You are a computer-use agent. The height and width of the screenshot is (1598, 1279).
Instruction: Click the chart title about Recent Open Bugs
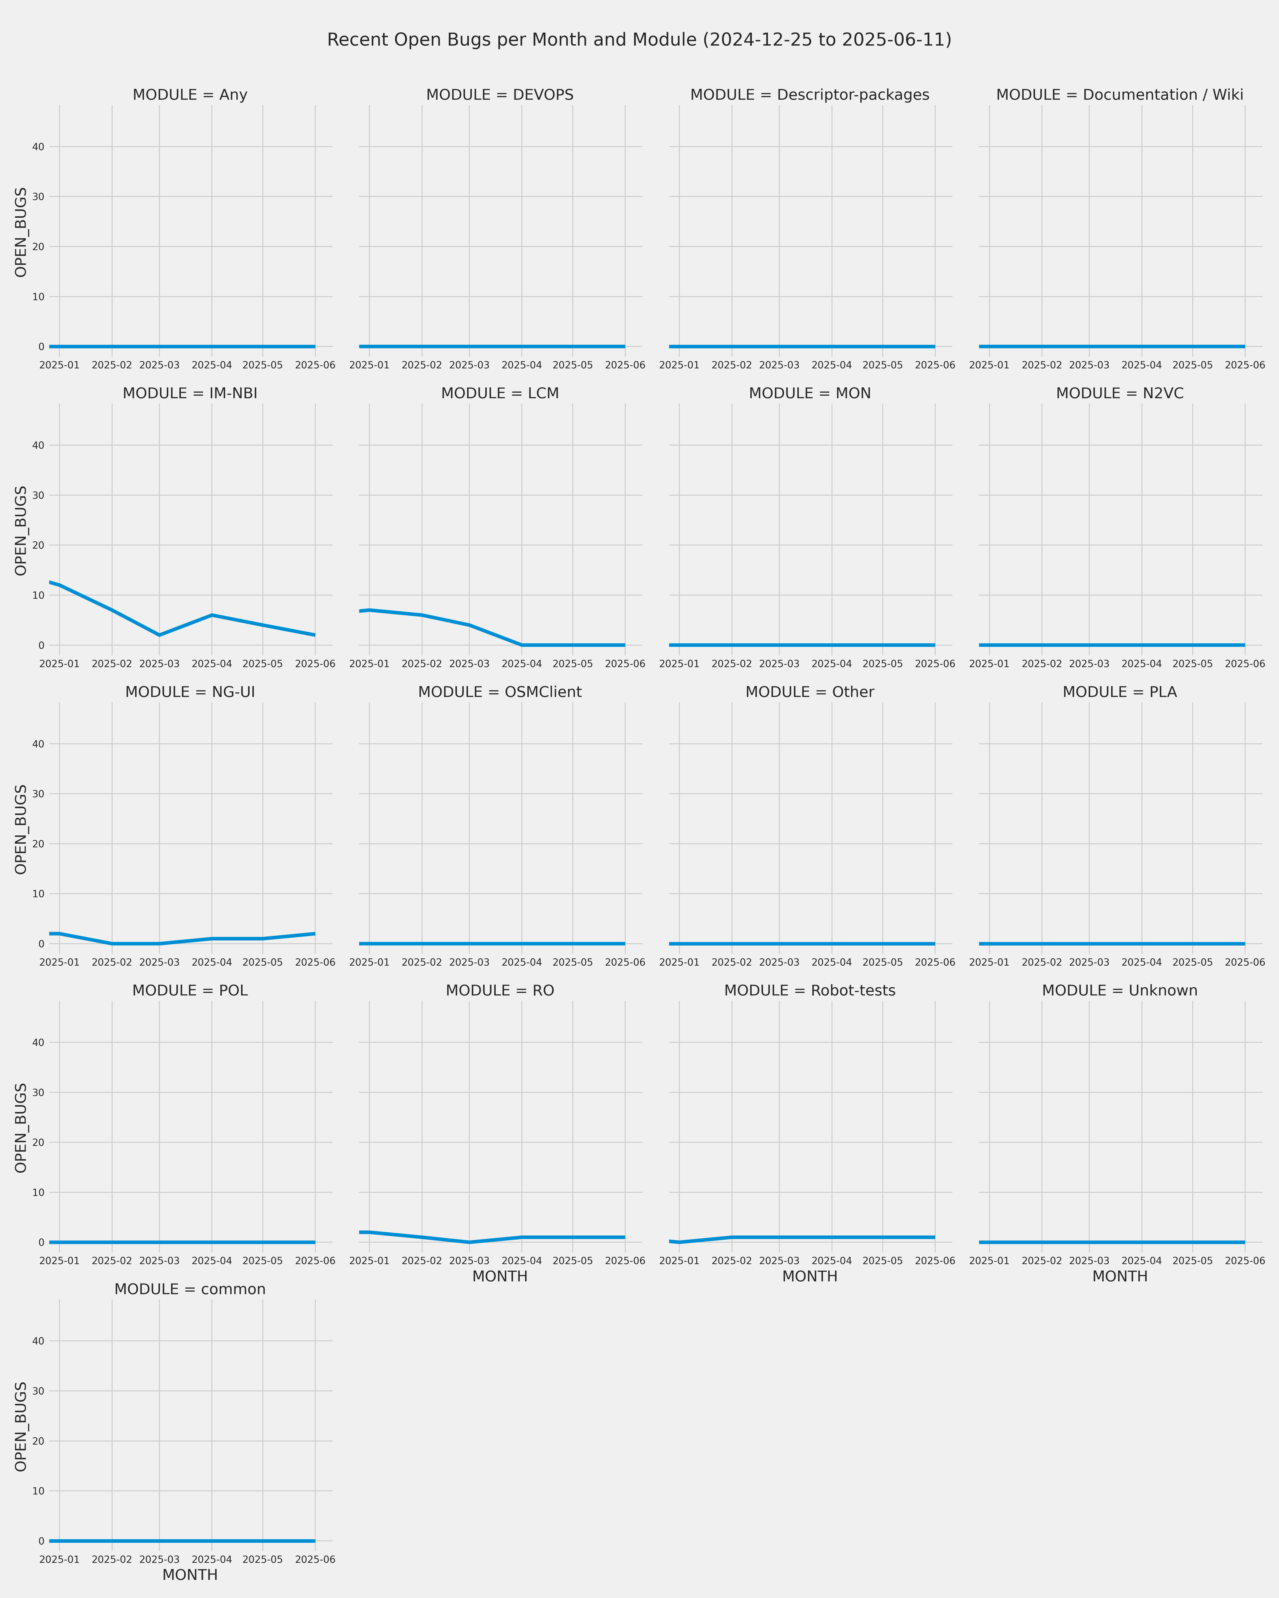click(639, 40)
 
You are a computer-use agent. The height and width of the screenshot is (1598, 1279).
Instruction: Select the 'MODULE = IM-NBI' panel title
click(190, 394)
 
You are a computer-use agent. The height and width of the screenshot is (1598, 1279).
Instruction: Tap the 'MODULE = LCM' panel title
click(500, 394)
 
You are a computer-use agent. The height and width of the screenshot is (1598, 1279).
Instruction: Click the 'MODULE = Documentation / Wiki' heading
click(1120, 95)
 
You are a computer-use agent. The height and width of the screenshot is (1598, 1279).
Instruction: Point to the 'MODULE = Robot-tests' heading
click(810, 991)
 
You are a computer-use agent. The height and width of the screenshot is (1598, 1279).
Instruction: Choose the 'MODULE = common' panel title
click(190, 1290)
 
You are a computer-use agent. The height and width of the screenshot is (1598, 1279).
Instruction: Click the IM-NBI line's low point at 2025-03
click(159, 635)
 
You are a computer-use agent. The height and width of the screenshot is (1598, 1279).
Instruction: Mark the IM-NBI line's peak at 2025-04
click(212, 615)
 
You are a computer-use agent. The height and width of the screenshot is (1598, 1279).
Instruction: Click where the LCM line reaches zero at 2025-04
click(522, 645)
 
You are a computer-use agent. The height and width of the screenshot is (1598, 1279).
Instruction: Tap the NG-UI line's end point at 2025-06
click(315, 934)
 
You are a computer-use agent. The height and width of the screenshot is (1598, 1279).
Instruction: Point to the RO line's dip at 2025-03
click(469, 1242)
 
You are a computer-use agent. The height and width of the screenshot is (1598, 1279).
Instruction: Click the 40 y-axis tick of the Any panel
click(38, 147)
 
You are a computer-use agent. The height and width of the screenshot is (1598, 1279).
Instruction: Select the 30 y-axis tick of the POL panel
click(38, 1093)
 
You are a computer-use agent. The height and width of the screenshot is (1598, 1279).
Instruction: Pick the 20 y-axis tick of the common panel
click(38, 1441)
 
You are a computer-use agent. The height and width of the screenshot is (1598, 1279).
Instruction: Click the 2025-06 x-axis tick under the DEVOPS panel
click(625, 365)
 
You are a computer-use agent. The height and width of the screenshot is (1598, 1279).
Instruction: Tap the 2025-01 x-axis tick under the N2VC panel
click(989, 664)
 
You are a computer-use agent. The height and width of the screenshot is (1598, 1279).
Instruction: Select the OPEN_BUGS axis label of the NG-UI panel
click(21, 829)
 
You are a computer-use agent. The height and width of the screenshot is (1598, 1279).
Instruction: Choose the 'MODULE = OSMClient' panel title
click(500, 692)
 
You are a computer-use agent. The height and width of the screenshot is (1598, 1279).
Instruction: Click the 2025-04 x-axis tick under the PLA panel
click(1142, 963)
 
